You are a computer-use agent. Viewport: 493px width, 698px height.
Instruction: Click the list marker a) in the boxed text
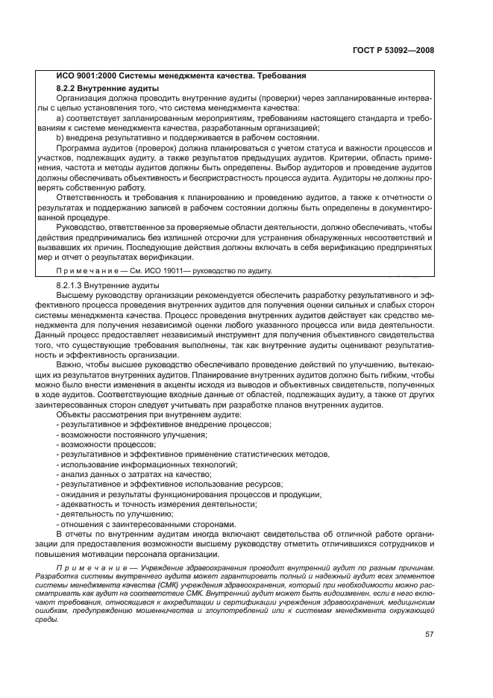tap(60, 118)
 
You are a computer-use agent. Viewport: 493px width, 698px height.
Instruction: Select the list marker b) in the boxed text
tap(60, 137)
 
